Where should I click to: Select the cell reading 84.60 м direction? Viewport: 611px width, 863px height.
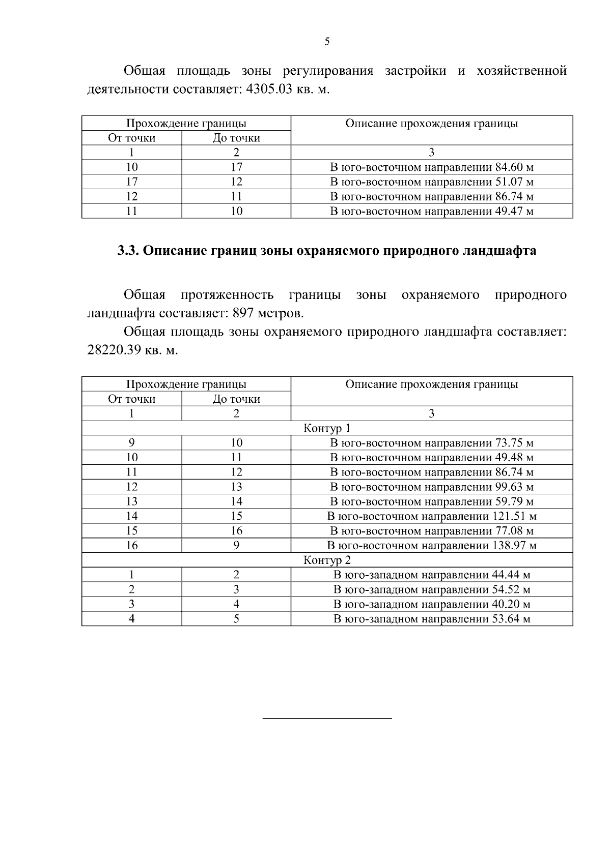point(432,167)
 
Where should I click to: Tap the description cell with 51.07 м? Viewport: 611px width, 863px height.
point(432,182)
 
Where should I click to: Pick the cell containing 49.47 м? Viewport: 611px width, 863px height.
point(432,211)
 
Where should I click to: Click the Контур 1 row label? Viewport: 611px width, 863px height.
point(327,428)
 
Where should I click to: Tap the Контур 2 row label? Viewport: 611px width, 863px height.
point(327,560)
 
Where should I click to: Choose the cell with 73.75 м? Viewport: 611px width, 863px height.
point(432,443)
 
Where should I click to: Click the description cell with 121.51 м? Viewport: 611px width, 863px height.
point(432,516)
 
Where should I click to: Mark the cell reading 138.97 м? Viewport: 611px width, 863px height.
point(432,546)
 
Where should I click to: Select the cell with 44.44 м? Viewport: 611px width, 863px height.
point(432,575)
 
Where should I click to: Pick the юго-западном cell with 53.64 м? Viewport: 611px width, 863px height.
point(432,619)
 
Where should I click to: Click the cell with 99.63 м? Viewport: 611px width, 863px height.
point(432,487)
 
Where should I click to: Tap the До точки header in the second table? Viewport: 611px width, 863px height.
point(236,399)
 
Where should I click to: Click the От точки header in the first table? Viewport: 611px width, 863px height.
point(131,138)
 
